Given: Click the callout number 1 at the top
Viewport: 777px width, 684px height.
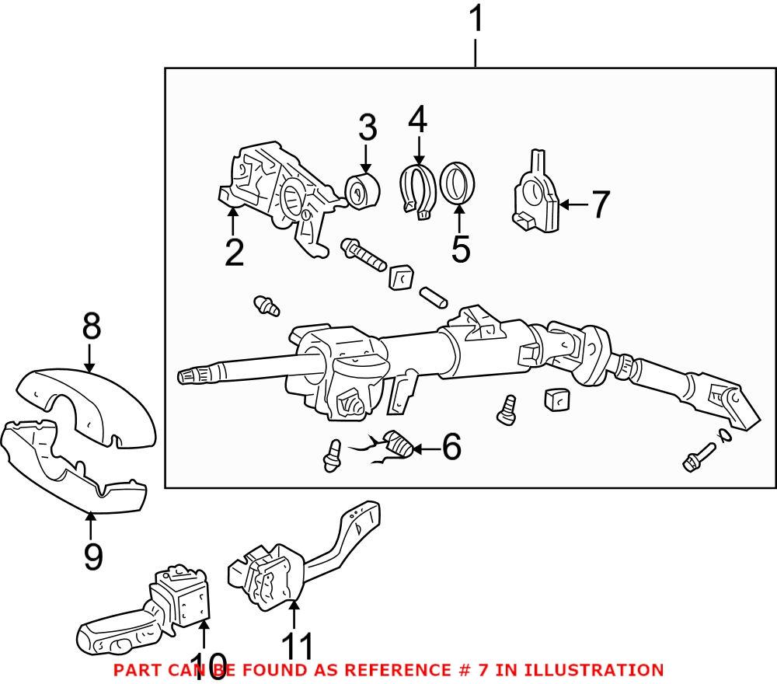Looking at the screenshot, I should point(476,20).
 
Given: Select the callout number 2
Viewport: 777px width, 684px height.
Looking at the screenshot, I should point(234,253).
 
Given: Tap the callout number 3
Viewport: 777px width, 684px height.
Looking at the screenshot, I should point(367,129).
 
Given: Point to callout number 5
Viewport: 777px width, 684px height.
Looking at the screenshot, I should point(460,248).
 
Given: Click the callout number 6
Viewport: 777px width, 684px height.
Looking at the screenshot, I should point(451,447).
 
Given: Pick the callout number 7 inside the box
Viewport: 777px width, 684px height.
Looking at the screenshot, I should point(600,205).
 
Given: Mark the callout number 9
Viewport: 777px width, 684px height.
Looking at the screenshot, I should point(92,557).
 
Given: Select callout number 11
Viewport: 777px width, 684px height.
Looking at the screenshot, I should point(298,647).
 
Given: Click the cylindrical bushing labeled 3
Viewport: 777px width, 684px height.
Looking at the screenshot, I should point(361,191).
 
